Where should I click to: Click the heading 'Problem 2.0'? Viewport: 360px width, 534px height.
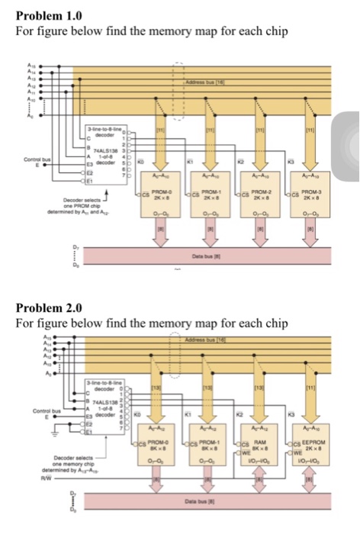click(x=48, y=307)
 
